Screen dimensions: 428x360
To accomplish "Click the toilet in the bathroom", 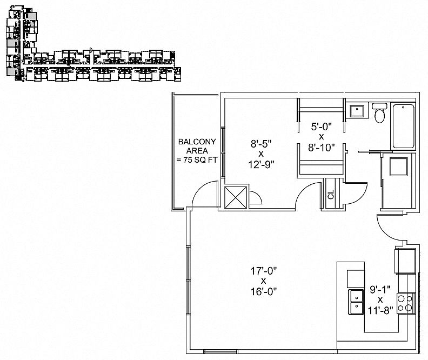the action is click(x=379, y=113).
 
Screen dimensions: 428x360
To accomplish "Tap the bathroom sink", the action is click(x=357, y=110).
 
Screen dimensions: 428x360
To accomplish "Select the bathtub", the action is click(x=404, y=125).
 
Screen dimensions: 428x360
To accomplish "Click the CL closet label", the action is click(x=331, y=195).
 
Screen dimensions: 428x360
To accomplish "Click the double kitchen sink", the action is click(x=356, y=302).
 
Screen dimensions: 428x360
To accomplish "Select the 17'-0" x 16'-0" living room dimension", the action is click(x=264, y=281).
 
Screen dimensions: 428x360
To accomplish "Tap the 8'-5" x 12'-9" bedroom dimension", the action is click(x=261, y=154).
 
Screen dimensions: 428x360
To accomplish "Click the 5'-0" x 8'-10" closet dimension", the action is click(x=322, y=137).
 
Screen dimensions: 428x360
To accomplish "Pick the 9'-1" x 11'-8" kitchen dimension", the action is click(x=380, y=299).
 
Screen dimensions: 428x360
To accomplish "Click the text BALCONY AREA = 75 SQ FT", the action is click(x=197, y=151).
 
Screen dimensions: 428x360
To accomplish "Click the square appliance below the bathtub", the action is click(x=398, y=166).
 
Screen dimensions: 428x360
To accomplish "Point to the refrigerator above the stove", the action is click(x=405, y=261).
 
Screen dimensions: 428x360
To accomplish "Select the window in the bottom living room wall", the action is click(x=220, y=352).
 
